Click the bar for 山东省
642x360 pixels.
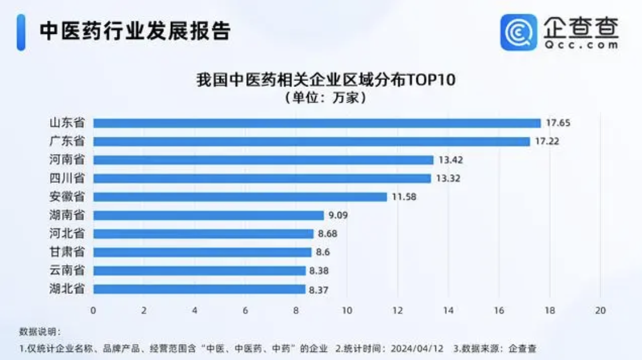[x=317, y=123]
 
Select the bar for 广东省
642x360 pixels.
[x=311, y=141]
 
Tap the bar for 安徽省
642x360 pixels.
[x=240, y=197]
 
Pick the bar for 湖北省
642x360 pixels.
[x=199, y=289]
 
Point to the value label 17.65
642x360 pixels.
[x=558, y=123]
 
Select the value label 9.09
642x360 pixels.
[x=338, y=216]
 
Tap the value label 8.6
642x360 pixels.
[x=323, y=252]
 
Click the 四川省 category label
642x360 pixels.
[x=67, y=178]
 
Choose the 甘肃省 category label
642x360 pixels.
[x=67, y=252]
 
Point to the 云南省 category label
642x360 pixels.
[x=67, y=271]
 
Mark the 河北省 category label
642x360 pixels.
[x=67, y=233]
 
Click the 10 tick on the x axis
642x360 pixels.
[x=347, y=311]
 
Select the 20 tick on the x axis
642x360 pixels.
[x=601, y=311]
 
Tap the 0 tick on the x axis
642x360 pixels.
[x=93, y=311]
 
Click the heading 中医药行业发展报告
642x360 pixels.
[x=135, y=31]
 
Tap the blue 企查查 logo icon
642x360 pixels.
[x=518, y=32]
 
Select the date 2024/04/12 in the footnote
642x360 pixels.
[x=418, y=348]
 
